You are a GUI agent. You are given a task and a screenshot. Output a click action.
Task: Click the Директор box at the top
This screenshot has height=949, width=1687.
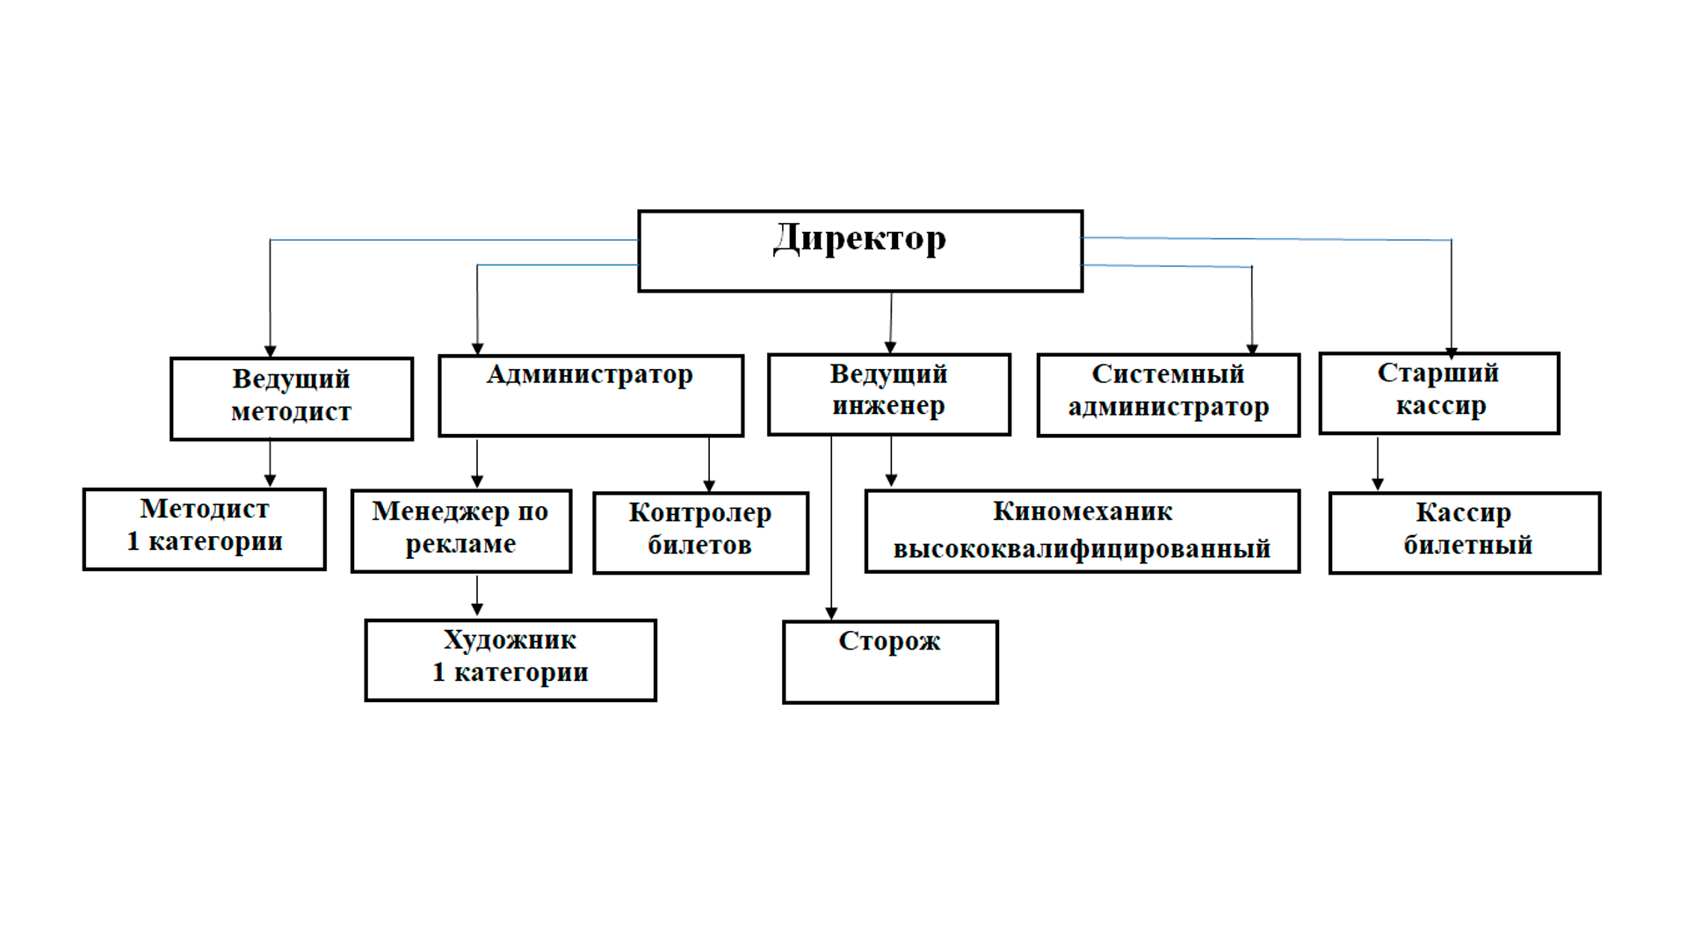pyautogui.click(x=860, y=251)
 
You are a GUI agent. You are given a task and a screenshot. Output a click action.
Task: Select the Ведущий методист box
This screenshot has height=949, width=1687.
pyautogui.click(x=292, y=398)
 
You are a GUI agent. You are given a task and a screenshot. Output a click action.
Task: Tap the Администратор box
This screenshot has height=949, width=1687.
pyautogui.click(x=590, y=395)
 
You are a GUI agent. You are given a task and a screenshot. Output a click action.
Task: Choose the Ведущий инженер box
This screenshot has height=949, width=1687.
pyautogui.click(x=889, y=395)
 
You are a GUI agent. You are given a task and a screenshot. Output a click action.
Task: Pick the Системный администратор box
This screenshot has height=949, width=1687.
pyautogui.click(x=1168, y=395)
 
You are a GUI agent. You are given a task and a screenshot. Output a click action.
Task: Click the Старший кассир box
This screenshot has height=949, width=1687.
pyautogui.click(x=1439, y=393)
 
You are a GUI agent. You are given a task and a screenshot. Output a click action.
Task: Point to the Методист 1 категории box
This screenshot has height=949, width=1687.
pyautogui.click(x=205, y=529)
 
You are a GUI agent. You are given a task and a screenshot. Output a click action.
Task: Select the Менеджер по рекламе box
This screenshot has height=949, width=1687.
pyautogui.click(x=461, y=531)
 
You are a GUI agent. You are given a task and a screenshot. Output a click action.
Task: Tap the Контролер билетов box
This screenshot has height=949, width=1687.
pyautogui.click(x=700, y=532)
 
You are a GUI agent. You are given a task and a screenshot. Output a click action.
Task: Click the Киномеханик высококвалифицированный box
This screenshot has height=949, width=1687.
pyautogui.click(x=1082, y=531)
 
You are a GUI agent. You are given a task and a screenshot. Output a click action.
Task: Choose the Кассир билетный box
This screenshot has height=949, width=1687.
pyautogui.click(x=1465, y=532)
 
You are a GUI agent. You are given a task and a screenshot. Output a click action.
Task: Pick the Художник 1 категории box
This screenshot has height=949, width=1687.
pyautogui.click(x=510, y=660)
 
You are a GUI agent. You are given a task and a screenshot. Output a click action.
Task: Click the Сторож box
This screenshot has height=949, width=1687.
pyautogui.click(x=890, y=662)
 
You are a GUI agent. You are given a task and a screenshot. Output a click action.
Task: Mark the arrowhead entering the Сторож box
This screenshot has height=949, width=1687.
pyautogui.click(x=831, y=613)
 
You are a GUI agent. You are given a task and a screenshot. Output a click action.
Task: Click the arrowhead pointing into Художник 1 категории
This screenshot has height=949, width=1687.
pyautogui.click(x=477, y=610)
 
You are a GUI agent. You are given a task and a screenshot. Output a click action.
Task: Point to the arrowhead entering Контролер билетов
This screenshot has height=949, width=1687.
pyautogui.click(x=709, y=485)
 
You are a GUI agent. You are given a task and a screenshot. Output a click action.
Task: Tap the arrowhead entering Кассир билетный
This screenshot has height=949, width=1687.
pyautogui.click(x=1378, y=484)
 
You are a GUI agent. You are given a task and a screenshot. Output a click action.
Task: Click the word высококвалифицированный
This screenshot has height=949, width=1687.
pyautogui.click(x=1082, y=549)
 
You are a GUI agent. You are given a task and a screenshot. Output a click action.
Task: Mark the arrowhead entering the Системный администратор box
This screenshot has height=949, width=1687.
pyautogui.click(x=1252, y=349)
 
